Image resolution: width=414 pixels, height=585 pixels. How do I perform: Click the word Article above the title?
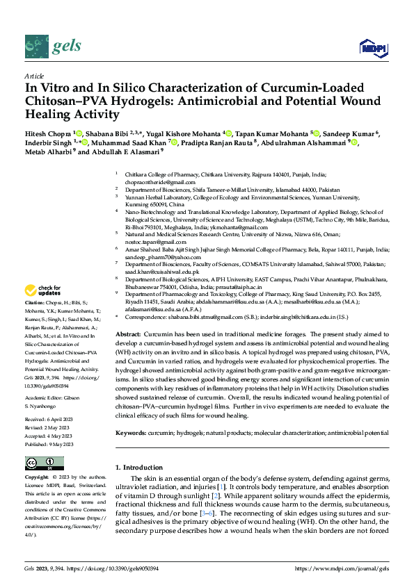pos(34,76)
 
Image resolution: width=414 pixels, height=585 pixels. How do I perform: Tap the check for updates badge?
pos(43,310)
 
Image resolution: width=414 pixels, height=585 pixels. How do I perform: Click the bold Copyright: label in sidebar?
pos(38,477)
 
